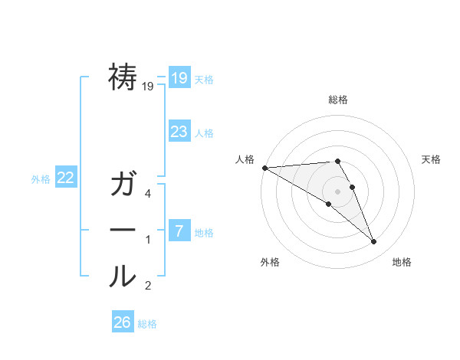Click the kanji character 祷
pos(123,77)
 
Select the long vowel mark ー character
pos(123,231)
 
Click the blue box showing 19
pos(179,77)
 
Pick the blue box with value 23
pos(179,131)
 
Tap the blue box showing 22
pos(65,178)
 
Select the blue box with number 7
pos(179,231)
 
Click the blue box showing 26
pos(122,322)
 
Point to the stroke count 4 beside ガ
pos(148,194)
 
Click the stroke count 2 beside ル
pos(148,286)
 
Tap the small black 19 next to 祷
pos(148,87)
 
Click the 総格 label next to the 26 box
pos(147,324)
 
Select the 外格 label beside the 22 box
pos(41,179)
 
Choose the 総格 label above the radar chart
pos(337,100)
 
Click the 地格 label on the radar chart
pos(402,262)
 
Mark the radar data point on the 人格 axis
pos(264,168)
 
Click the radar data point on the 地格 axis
pos(373,242)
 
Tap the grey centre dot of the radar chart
pos(337,191)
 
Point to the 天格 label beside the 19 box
pos(204,80)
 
